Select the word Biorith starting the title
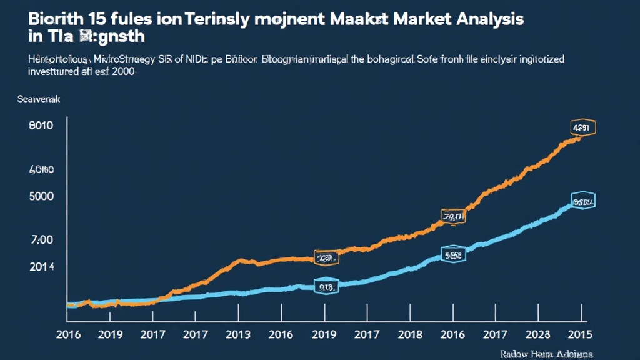(x=54, y=19)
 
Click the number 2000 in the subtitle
(x=122, y=72)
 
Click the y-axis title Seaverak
(x=37, y=99)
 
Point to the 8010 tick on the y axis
(x=41, y=126)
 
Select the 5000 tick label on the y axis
(x=41, y=196)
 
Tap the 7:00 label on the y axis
(x=41, y=240)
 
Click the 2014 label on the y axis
(x=41, y=267)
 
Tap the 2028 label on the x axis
(x=539, y=335)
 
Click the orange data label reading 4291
(x=582, y=128)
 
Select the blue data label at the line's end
(x=582, y=202)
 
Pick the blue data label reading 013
(x=325, y=287)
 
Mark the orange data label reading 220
(x=325, y=257)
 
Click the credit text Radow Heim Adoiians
(x=546, y=354)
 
